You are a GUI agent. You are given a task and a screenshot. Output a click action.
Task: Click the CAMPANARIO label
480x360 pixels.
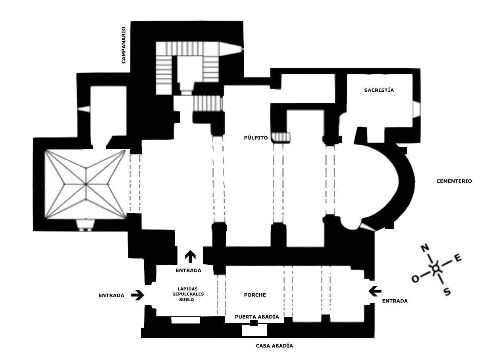[x=123, y=45]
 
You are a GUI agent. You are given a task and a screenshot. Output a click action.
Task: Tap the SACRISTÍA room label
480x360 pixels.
[x=379, y=90]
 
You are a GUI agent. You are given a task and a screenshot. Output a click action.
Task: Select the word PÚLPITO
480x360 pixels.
[x=256, y=138]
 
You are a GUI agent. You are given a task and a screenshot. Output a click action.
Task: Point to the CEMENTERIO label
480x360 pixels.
[x=454, y=181]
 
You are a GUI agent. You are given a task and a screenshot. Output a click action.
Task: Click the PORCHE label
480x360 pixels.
[x=255, y=295]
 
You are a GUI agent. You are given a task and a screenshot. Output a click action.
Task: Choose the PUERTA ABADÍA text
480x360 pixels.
[x=257, y=317]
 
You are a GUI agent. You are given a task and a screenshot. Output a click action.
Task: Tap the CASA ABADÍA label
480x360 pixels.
[x=274, y=346]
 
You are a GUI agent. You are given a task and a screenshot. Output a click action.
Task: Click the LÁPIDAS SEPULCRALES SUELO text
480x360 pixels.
[x=188, y=294]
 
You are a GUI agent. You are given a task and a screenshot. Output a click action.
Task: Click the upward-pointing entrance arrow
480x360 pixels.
[x=190, y=256]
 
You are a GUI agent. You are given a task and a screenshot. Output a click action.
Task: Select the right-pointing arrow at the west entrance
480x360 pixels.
[x=137, y=295]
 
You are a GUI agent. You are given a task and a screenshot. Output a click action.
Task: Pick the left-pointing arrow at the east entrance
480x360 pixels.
[x=375, y=291]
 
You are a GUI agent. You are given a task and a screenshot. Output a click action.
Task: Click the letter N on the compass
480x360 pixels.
[x=425, y=248]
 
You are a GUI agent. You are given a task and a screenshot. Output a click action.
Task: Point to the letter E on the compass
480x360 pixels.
[x=458, y=258]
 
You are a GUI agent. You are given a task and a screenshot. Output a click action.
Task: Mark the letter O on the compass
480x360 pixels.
[x=416, y=279]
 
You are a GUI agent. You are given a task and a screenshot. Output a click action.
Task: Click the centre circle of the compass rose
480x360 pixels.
[x=436, y=268]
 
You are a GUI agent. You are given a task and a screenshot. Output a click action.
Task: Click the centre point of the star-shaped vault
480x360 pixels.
[x=86, y=184]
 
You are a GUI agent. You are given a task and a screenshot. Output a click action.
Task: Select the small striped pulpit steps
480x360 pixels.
[x=281, y=137]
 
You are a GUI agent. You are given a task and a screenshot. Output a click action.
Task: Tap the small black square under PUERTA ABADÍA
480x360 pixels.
[x=254, y=323]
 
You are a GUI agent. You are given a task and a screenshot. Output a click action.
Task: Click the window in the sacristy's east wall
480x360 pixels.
[x=416, y=109]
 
